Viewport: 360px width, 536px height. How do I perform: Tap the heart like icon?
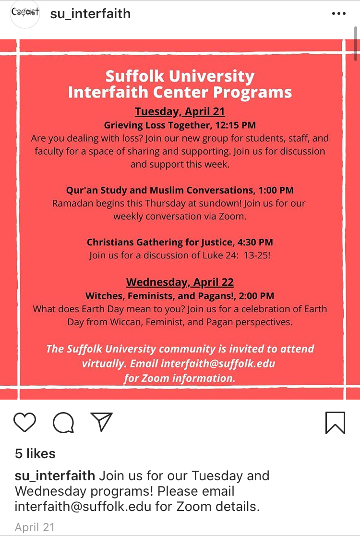click(x=25, y=422)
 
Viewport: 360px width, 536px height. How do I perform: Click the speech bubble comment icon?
click(x=63, y=423)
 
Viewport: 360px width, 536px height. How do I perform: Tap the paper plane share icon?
click(x=101, y=422)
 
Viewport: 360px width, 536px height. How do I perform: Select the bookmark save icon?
click(x=335, y=423)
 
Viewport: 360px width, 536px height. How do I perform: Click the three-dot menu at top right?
click(x=339, y=13)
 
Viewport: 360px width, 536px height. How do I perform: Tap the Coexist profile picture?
click(x=25, y=13)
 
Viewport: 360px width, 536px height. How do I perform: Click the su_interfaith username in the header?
click(x=90, y=13)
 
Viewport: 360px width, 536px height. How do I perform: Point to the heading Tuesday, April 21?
click(x=180, y=111)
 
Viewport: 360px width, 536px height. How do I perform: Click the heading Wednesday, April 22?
click(x=180, y=282)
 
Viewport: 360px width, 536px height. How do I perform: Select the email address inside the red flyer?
click(x=218, y=363)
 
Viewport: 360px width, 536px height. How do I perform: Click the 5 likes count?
click(x=35, y=453)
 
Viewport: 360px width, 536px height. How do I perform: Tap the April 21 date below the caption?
click(x=35, y=527)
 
